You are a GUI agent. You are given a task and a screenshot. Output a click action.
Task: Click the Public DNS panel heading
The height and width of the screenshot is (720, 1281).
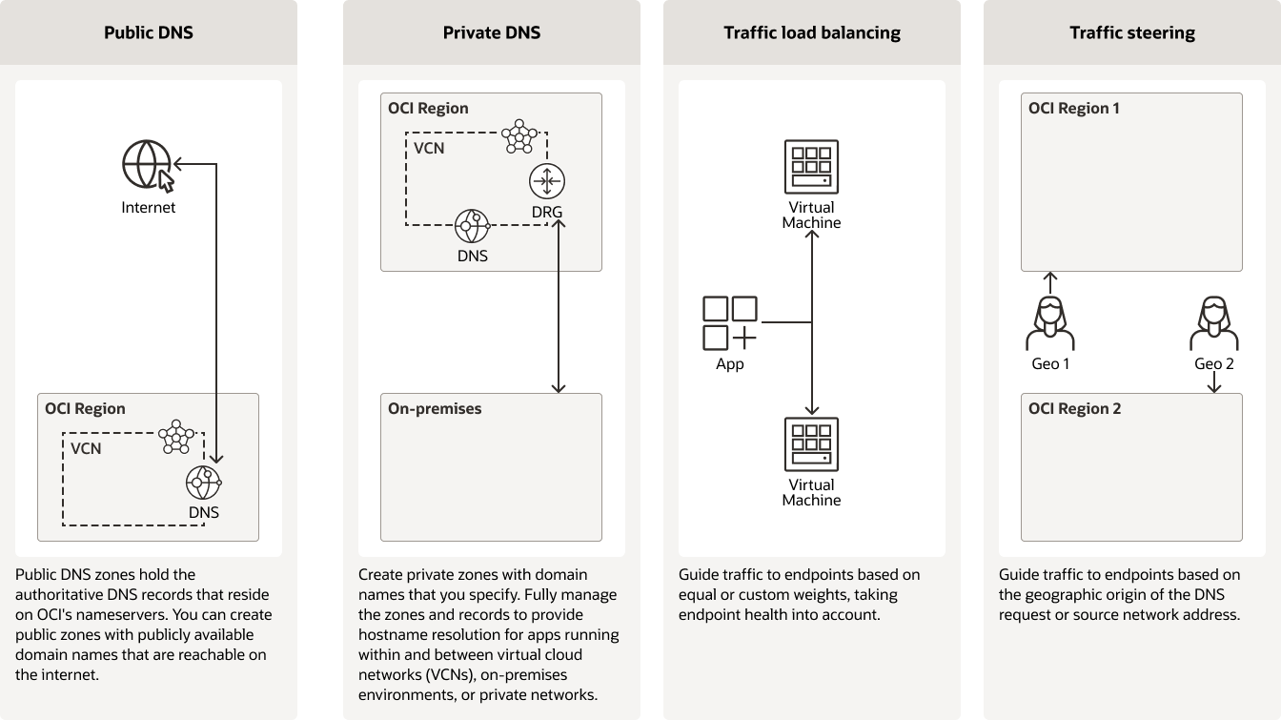(x=149, y=32)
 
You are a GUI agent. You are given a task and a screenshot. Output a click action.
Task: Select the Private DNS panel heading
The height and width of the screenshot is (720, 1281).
(x=492, y=32)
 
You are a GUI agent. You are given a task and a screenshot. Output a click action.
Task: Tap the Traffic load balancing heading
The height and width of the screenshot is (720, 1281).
(x=812, y=32)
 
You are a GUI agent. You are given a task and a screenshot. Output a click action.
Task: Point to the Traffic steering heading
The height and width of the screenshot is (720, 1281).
(x=1132, y=32)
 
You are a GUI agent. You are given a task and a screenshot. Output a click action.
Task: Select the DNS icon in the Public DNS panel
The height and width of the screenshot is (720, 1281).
(x=203, y=483)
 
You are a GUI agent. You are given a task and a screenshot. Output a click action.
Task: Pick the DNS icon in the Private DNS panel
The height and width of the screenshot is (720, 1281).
(x=472, y=227)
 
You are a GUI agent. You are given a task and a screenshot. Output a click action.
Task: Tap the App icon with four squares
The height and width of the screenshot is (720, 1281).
(x=730, y=323)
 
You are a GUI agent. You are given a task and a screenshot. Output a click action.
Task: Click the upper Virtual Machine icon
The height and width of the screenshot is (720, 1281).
(x=811, y=167)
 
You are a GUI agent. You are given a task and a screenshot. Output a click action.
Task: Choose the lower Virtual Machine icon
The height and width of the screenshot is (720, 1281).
(x=811, y=444)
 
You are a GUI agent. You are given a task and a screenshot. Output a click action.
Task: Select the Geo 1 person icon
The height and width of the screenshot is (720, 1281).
(x=1050, y=324)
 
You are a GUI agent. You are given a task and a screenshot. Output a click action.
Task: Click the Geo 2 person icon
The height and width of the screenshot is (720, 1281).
(x=1214, y=324)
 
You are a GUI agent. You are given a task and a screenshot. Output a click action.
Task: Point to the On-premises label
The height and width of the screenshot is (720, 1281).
(x=435, y=409)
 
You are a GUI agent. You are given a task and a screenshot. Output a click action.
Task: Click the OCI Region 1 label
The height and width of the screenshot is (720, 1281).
(x=1074, y=109)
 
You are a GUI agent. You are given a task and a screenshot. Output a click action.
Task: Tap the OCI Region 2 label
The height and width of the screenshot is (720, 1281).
(x=1074, y=409)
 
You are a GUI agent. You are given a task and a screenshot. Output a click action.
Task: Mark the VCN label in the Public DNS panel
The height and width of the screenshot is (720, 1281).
(x=86, y=448)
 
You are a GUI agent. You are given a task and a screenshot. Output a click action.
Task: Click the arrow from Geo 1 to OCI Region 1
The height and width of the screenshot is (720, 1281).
(x=1050, y=282)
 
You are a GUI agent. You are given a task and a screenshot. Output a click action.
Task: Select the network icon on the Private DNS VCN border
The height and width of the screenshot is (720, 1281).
(x=519, y=136)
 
